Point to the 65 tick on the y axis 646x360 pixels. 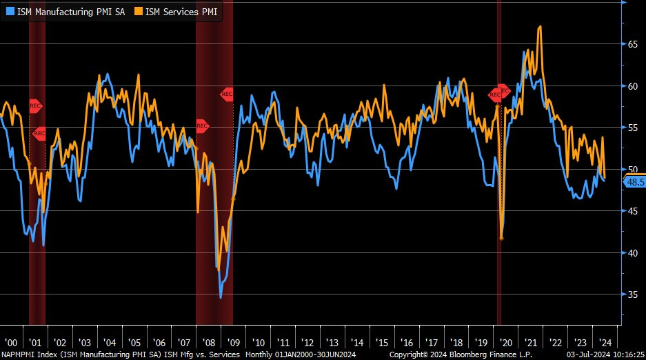631,44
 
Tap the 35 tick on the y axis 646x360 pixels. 631,294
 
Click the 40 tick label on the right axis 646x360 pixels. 631,252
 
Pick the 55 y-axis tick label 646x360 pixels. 631,128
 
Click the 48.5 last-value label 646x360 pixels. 634,182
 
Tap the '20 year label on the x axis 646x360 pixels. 506,342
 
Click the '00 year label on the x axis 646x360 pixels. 10,342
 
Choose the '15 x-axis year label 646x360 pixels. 381,342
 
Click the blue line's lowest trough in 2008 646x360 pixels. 221,297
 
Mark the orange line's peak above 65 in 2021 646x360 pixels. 539,27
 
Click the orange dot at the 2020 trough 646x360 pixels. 501,238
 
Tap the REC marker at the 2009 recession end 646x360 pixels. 227,94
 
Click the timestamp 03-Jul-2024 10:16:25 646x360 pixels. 604,354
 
